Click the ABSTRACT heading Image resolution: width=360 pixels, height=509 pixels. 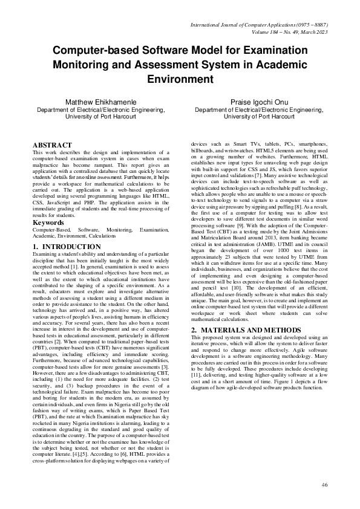coord(52,146)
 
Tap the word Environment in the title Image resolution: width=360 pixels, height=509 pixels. coord(180,79)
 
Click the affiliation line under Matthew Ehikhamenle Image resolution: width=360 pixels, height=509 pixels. coord(101,111)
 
